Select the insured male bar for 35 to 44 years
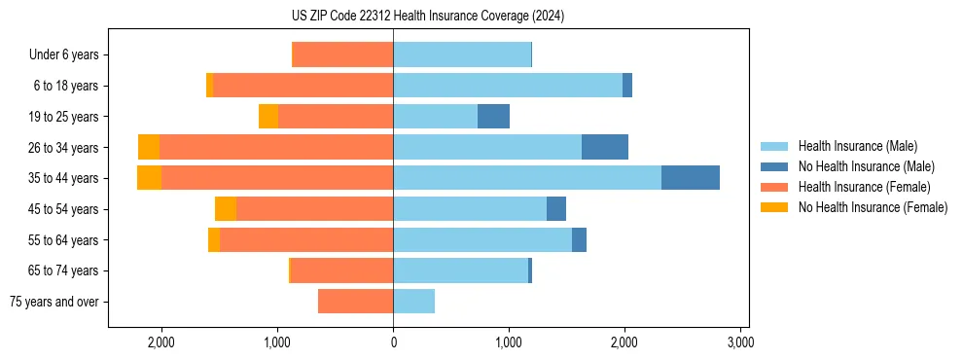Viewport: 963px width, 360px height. (527, 178)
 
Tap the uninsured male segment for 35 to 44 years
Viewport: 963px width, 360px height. (691, 178)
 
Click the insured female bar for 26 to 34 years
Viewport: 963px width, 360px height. (276, 147)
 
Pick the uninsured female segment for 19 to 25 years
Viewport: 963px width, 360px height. (268, 117)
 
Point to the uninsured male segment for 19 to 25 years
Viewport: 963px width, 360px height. (493, 117)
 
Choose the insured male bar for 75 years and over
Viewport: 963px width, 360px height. (413, 302)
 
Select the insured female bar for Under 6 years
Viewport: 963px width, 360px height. (342, 55)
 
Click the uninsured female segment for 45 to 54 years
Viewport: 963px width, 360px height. (226, 209)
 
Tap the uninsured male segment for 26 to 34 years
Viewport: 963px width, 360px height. (605, 147)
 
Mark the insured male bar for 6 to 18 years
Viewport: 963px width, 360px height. (508, 86)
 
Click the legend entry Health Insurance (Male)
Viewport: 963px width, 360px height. (857, 146)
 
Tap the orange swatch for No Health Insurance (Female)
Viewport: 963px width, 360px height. (774, 207)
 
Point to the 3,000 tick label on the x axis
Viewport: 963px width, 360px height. (740, 342)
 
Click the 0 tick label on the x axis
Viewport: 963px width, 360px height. (393, 342)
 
